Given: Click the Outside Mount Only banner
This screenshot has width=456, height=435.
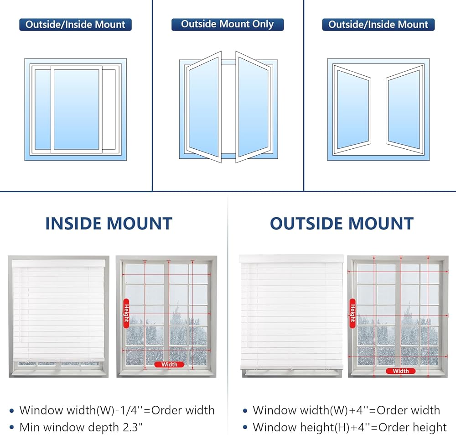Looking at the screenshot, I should tap(228, 24).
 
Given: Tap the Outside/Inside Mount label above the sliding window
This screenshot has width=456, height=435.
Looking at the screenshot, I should tap(75, 24).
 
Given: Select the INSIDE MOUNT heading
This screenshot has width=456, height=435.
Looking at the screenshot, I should tap(109, 224).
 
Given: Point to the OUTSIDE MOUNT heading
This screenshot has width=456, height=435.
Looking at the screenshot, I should tap(342, 224).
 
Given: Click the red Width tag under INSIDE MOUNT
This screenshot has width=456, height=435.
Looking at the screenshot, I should tap(169, 364).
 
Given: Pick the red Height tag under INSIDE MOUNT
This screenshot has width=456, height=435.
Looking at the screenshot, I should tap(126, 313).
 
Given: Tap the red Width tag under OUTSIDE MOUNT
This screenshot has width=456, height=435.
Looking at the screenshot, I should tap(400, 371).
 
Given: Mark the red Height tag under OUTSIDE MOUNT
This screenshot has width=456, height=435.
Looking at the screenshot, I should tap(352, 313).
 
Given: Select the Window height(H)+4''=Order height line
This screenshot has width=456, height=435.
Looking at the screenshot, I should tap(350, 428).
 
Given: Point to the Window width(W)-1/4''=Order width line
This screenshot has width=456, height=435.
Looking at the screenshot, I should tap(117, 410).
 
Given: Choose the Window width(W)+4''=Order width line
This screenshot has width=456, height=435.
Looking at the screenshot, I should tap(346, 410).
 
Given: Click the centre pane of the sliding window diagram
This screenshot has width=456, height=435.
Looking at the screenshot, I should tap(76, 110).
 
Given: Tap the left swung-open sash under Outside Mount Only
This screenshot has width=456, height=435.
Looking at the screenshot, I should tap(204, 108).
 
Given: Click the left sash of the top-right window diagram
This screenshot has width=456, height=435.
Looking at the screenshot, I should tap(352, 110).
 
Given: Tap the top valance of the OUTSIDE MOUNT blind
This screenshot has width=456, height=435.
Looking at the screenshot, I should tap(291, 259).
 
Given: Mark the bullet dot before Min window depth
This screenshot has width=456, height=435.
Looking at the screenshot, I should tap(11, 428).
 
